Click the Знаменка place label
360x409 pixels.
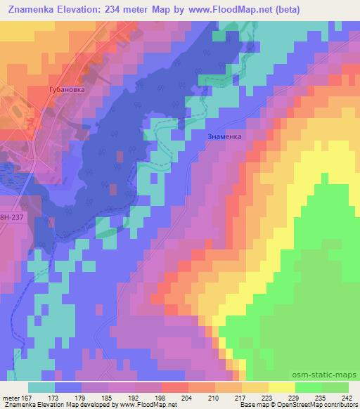click(x=225, y=137)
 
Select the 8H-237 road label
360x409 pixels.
click(x=11, y=218)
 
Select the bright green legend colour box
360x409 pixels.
click(x=307, y=387)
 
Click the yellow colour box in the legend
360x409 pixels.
click(x=281, y=387)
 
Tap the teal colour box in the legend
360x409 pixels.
click(x=41, y=387)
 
